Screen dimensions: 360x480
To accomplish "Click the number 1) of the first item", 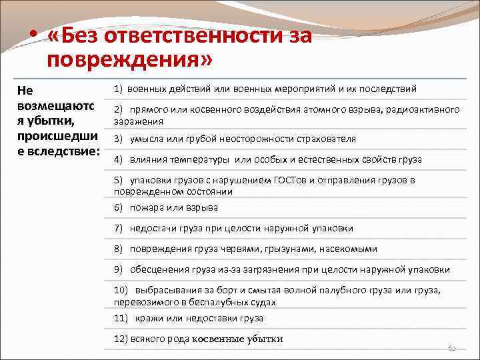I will click(119, 89).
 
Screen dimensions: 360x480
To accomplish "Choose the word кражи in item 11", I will click(150, 318).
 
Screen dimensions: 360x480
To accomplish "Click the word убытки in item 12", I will click(263, 339).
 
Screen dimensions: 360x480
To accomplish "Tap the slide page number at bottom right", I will click(451, 348).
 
